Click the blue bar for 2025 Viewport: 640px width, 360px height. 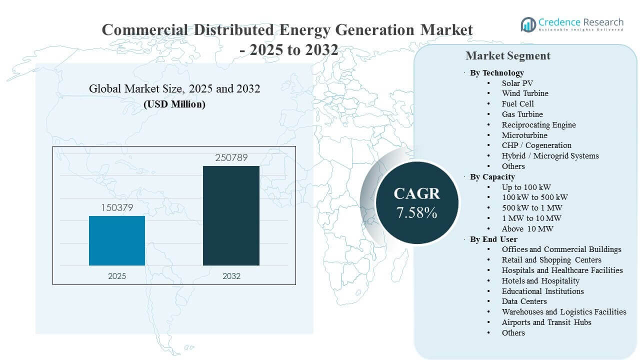click(117, 240)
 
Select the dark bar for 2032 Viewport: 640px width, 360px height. click(231, 215)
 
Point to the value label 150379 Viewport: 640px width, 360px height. click(117, 207)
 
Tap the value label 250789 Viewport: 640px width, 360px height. click(231, 158)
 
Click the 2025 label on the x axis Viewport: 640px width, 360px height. click(117, 276)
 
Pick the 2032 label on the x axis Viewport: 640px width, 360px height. click(231, 276)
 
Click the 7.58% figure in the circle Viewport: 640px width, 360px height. click(416, 212)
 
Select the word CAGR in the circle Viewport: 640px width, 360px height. click(416, 194)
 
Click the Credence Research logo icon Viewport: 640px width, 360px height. click(528, 24)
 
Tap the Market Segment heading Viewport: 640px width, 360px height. click(507, 55)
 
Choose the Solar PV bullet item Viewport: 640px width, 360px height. click(518, 83)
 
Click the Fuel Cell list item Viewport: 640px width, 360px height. click(518, 103)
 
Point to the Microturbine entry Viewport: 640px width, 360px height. click(524, 135)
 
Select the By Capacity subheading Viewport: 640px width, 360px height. click(492, 176)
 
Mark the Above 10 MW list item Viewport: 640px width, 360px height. click(527, 228)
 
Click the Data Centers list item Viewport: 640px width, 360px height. click(524, 301)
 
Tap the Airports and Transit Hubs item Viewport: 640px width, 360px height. click(546, 322)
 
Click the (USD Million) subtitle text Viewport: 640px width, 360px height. click(174, 104)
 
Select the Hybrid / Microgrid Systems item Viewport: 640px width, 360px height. click(550, 155)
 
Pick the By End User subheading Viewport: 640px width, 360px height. click(493, 239)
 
